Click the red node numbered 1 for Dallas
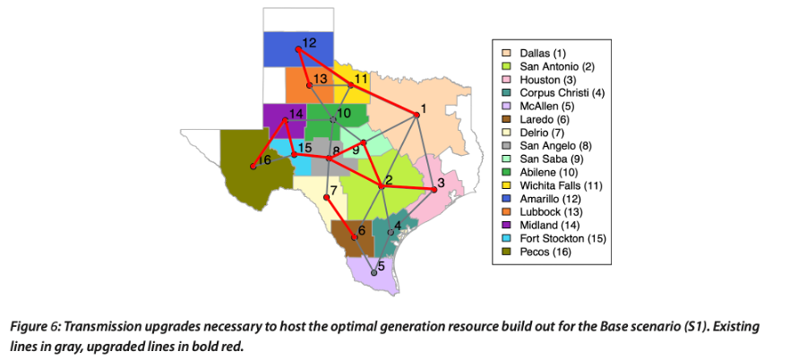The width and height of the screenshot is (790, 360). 416,115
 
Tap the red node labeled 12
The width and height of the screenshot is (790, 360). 298,50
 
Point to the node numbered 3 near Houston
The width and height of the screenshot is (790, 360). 434,190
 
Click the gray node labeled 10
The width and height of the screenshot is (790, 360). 333,119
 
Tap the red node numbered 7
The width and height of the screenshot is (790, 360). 327,197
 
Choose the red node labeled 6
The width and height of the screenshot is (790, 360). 356,238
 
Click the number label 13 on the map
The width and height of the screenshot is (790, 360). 321,79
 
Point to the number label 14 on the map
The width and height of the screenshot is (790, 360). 296,114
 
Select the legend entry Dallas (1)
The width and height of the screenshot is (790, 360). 537,54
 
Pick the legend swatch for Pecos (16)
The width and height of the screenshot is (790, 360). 506,253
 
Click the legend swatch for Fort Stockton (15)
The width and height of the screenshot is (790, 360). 506,239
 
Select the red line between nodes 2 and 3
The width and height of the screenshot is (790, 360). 408,188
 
